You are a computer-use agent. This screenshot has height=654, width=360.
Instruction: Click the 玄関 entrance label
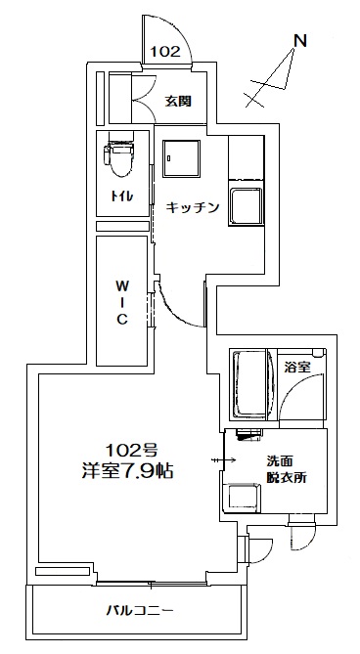click(178, 101)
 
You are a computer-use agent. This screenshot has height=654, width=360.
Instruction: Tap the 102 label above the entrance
click(165, 53)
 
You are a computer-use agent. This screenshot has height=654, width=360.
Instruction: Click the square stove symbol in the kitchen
click(180, 156)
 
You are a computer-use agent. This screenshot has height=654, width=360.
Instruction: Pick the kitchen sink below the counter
click(246, 208)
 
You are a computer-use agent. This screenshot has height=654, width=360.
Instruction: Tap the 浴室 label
click(296, 368)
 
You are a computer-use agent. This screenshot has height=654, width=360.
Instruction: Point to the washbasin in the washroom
click(242, 497)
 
